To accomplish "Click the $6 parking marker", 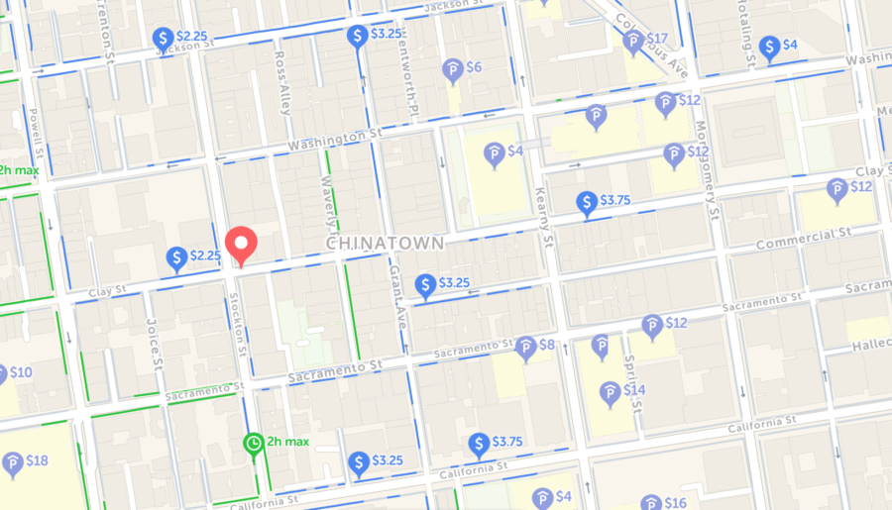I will [453, 69].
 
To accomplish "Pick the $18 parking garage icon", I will [13, 462].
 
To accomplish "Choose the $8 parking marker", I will [526, 347].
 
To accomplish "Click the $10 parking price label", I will [21, 372].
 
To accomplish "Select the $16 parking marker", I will [651, 503].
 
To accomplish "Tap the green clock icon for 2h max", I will [254, 442].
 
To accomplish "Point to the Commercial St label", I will [804, 238].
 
